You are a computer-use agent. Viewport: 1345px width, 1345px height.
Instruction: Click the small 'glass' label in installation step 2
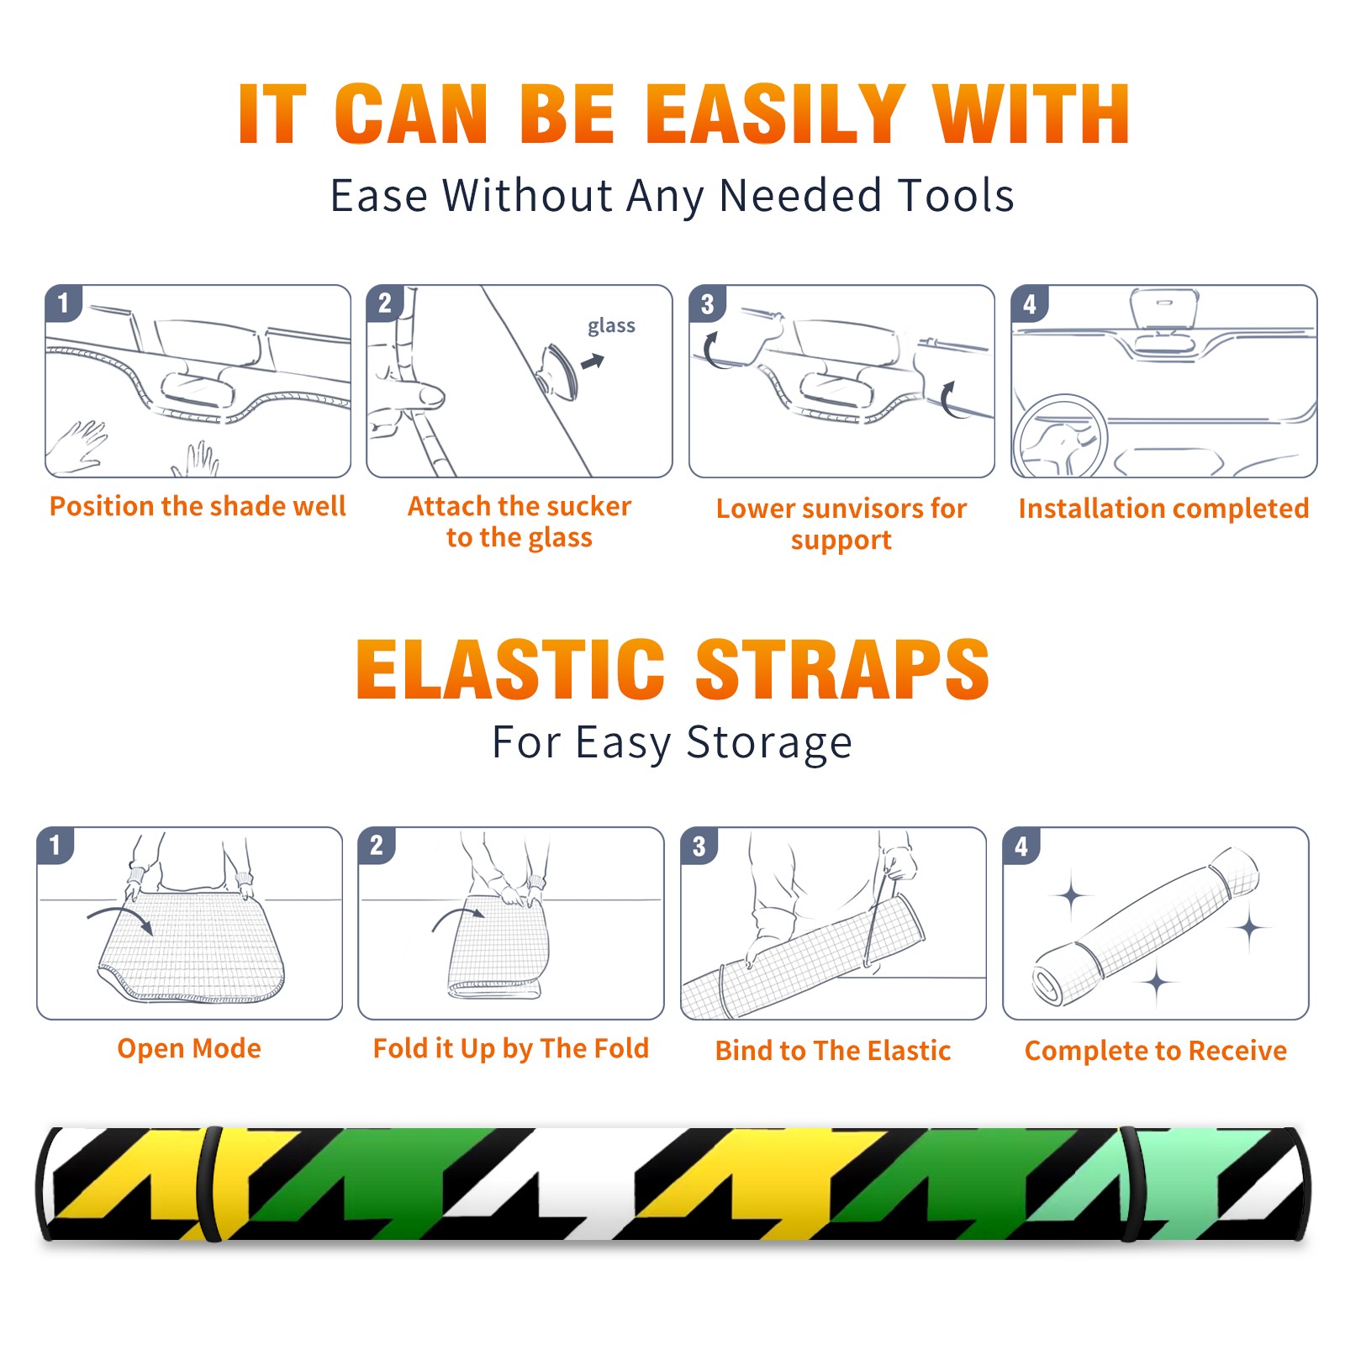tap(611, 326)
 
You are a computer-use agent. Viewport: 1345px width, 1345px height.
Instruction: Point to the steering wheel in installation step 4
tap(1060, 437)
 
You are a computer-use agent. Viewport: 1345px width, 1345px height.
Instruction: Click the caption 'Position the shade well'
tap(198, 506)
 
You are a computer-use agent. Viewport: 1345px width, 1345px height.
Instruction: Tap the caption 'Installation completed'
tap(1163, 508)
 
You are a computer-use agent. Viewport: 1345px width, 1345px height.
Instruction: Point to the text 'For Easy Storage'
tap(672, 742)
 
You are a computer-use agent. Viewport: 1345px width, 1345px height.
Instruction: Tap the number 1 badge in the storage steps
tap(55, 845)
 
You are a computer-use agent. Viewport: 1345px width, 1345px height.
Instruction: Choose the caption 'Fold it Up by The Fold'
tap(511, 1048)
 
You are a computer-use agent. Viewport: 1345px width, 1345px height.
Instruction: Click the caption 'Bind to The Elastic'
tap(833, 1051)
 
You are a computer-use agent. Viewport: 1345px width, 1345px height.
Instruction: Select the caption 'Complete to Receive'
tap(1156, 1051)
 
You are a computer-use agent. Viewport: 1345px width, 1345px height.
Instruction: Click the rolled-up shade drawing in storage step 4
tap(1146, 926)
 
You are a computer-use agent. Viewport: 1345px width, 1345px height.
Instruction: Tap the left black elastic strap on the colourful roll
tap(210, 1184)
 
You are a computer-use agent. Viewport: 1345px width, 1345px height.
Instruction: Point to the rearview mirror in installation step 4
tap(1164, 309)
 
